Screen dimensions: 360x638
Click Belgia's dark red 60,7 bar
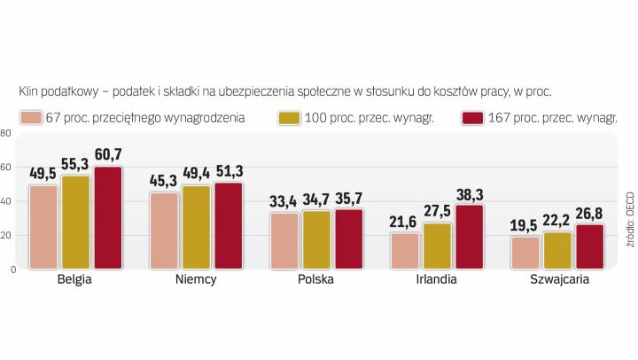pyautogui.click(x=107, y=217)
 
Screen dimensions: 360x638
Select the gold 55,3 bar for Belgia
pyautogui.click(x=75, y=222)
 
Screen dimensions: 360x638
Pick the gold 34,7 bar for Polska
pyautogui.click(x=316, y=239)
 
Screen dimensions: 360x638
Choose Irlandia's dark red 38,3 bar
pyautogui.click(x=470, y=237)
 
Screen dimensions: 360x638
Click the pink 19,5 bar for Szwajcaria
pyautogui.click(x=526, y=253)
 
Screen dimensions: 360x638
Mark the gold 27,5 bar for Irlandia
pyautogui.click(x=438, y=246)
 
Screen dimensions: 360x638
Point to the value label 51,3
pyautogui.click(x=228, y=172)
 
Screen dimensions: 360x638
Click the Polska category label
pyautogui.click(x=315, y=278)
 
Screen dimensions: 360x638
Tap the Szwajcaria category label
pyautogui.click(x=558, y=278)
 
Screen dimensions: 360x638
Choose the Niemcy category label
pyautogui.click(x=196, y=278)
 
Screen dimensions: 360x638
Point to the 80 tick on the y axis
pyautogui.click(x=5, y=134)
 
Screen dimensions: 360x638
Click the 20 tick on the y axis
pyautogui.click(x=5, y=235)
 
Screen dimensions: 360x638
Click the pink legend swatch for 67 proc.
pyautogui.click(x=31, y=118)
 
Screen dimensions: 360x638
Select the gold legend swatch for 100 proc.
pyautogui.click(x=288, y=118)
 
